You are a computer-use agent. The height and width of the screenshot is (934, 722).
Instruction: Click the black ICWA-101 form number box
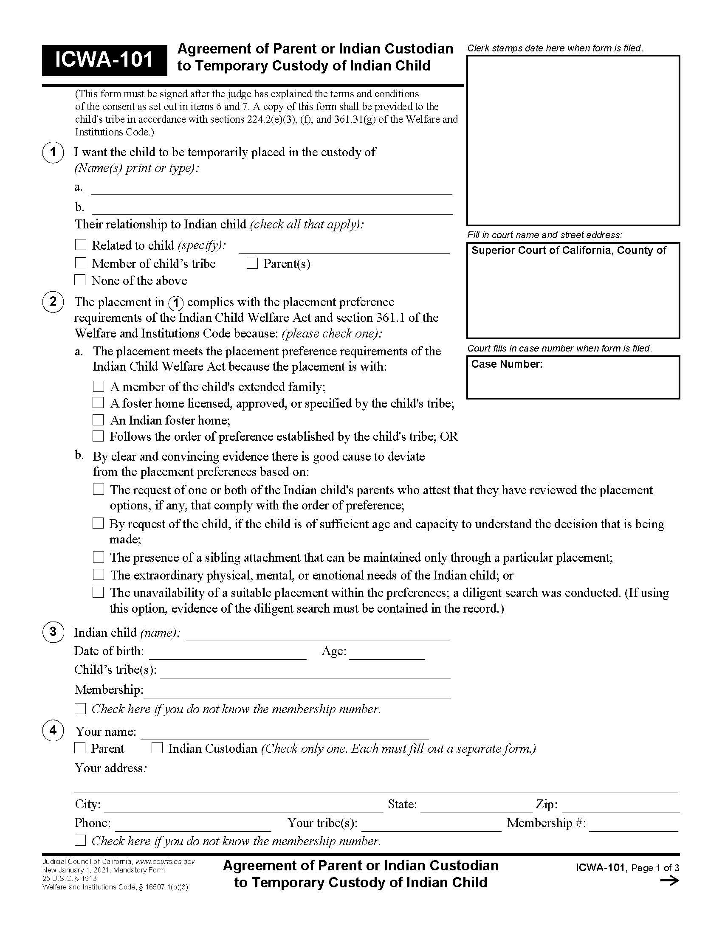pyautogui.click(x=104, y=60)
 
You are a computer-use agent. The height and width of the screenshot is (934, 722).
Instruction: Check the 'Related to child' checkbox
pyautogui.click(x=80, y=245)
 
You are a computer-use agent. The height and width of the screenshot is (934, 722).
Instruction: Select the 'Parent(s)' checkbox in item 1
pyautogui.click(x=252, y=263)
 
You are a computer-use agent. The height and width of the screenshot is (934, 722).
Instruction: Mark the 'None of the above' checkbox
pyautogui.click(x=80, y=280)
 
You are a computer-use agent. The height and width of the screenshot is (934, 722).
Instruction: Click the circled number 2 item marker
pyautogui.click(x=53, y=301)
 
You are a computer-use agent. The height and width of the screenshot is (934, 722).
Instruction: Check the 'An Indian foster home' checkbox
pyautogui.click(x=99, y=419)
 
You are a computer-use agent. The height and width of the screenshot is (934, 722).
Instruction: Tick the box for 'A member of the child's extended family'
pyautogui.click(x=99, y=386)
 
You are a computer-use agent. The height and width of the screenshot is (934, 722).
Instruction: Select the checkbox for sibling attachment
pyautogui.click(x=99, y=557)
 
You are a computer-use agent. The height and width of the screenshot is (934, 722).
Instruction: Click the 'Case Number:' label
pyautogui.click(x=506, y=364)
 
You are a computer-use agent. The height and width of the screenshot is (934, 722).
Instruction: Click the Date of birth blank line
pyautogui.click(x=227, y=654)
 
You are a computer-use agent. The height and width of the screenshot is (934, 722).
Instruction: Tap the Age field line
pyautogui.click(x=386, y=654)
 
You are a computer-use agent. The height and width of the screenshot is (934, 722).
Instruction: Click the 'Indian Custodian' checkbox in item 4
pyautogui.click(x=157, y=748)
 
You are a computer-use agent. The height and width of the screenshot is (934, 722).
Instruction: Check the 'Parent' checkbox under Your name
pyautogui.click(x=80, y=748)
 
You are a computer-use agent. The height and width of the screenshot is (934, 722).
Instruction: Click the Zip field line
pyautogui.click(x=620, y=807)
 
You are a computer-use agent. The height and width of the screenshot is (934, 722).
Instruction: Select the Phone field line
pyautogui.click(x=193, y=826)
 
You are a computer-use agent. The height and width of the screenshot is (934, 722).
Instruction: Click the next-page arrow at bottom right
pyautogui.click(x=669, y=881)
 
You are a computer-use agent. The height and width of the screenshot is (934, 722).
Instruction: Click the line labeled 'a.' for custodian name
pyautogui.click(x=272, y=189)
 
